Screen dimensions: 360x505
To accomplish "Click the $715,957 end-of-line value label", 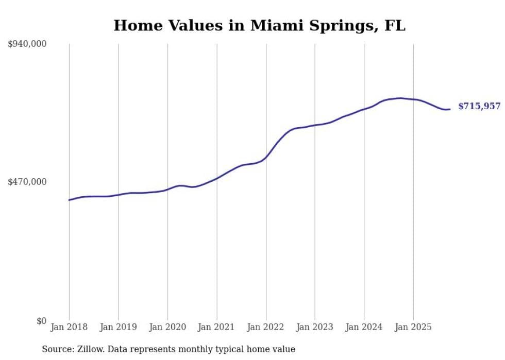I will (x=479, y=106).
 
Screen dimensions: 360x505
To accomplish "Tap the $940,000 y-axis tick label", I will (x=27, y=44).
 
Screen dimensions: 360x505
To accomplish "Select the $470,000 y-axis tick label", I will (x=27, y=182).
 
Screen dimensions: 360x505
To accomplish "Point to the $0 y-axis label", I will (x=41, y=321).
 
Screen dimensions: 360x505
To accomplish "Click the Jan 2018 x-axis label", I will (x=69, y=327).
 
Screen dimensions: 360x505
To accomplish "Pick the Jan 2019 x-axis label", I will (x=119, y=327).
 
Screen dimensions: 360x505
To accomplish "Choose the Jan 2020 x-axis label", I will (x=167, y=327).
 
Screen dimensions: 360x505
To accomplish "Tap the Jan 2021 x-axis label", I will (x=216, y=327).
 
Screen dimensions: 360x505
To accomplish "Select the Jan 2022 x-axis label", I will (x=266, y=327).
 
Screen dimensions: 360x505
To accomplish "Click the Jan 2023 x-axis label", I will (x=315, y=327).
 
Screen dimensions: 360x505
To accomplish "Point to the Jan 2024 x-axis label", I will (x=364, y=327).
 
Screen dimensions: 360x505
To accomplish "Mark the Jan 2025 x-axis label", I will (x=413, y=327).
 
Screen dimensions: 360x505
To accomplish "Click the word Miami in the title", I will (x=274, y=26).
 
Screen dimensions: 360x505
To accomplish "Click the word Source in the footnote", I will (x=56, y=349).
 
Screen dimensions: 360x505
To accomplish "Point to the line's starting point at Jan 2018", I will (x=69, y=200).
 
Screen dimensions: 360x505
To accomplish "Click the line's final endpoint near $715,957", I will (x=450, y=109).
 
